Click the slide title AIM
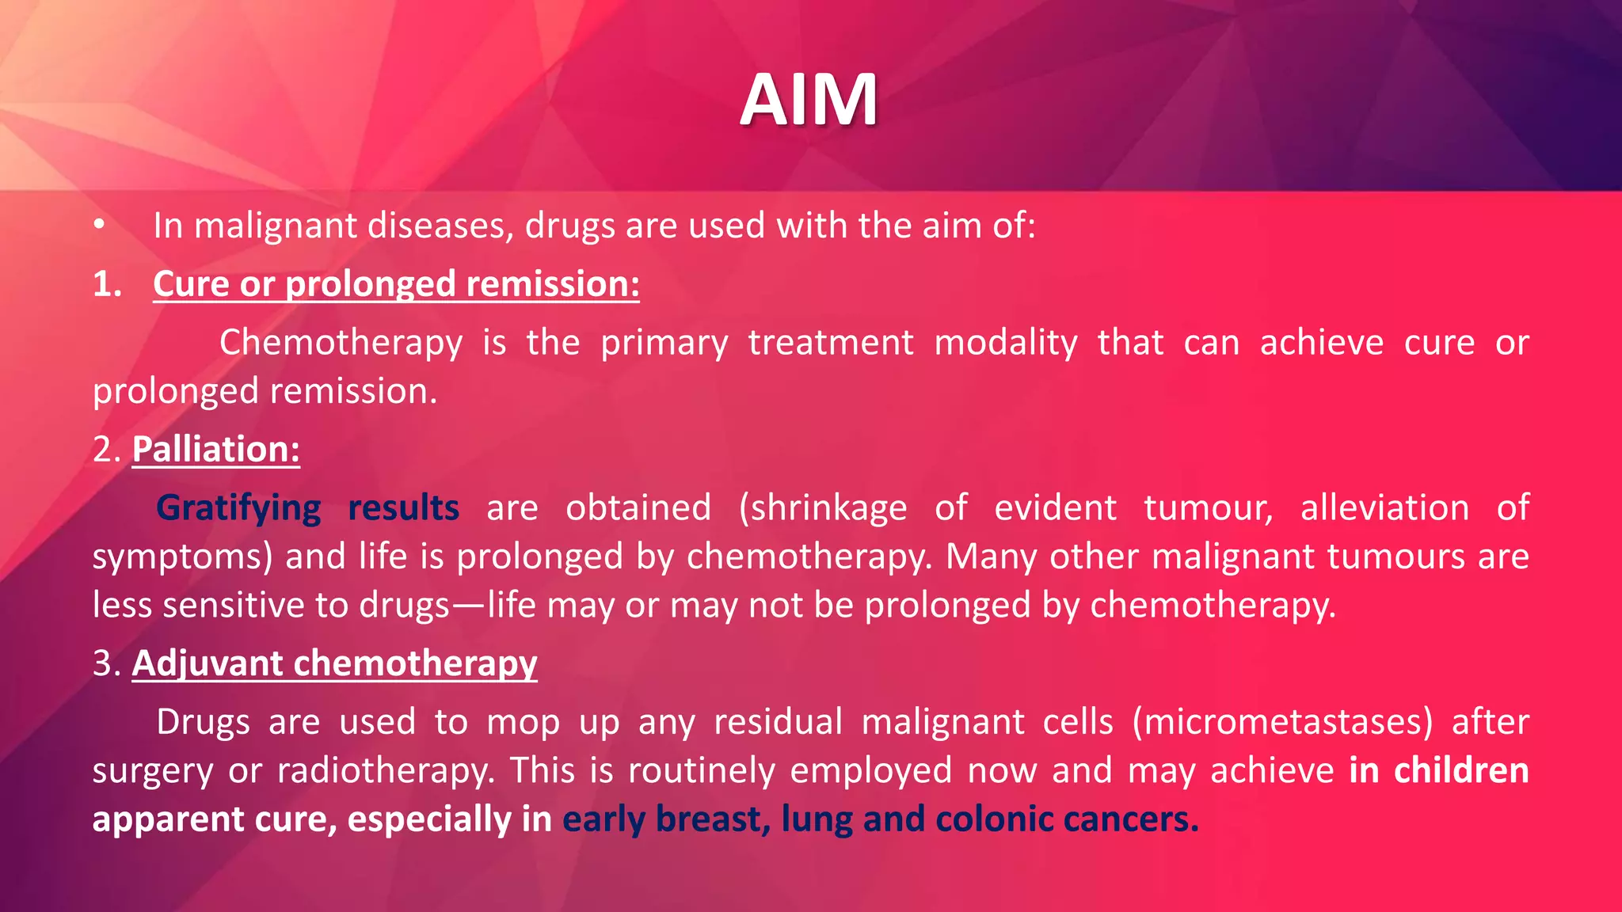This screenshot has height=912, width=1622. tap(809, 100)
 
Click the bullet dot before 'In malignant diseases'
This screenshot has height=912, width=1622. tap(98, 226)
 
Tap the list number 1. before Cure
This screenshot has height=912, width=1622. tap(108, 284)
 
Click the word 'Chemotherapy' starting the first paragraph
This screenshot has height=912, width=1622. tap(341, 343)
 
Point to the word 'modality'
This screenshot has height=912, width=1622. tap(1006, 343)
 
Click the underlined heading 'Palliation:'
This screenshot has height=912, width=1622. tap(215, 449)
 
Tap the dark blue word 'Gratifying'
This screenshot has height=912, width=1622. tap(238, 507)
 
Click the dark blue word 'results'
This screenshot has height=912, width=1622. tap(404, 507)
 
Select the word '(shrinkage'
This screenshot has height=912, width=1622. tap(823, 507)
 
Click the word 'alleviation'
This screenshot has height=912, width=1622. tap(1384, 507)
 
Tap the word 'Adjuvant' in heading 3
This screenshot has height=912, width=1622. tap(207, 663)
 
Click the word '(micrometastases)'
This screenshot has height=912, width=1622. tap(1282, 722)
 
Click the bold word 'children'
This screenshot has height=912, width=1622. tap(1461, 770)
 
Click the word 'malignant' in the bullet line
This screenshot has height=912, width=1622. tap(276, 226)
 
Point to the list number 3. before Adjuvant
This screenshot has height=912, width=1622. tap(106, 663)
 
